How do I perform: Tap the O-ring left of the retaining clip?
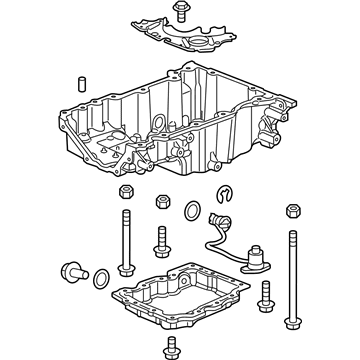point(191,210)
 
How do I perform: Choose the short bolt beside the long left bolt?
point(160,242)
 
